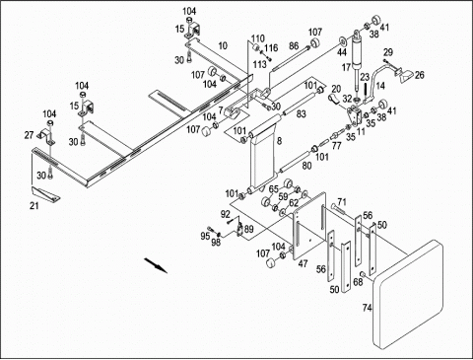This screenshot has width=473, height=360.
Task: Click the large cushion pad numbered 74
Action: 408,295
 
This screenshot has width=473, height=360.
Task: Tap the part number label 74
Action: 368,308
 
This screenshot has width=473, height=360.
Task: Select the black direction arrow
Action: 156,265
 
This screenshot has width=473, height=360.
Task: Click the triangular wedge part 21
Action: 46,193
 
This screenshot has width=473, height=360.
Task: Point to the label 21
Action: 34,206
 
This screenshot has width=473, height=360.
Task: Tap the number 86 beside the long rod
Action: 294,45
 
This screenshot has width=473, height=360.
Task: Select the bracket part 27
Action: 47,136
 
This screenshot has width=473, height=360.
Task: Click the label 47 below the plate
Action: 303,263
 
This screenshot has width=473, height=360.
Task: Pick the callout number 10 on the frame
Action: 223,45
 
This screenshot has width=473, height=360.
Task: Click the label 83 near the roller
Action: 302,114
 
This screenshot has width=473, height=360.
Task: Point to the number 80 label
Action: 306,166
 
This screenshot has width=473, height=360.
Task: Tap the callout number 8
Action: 279,141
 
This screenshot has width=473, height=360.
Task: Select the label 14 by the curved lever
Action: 380,86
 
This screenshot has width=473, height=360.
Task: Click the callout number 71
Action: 342,201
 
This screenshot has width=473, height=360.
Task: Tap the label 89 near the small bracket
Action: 249,229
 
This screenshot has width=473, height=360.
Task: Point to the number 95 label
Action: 205,236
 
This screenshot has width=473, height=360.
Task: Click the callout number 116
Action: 271,48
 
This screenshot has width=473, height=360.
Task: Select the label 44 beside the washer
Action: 342,52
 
